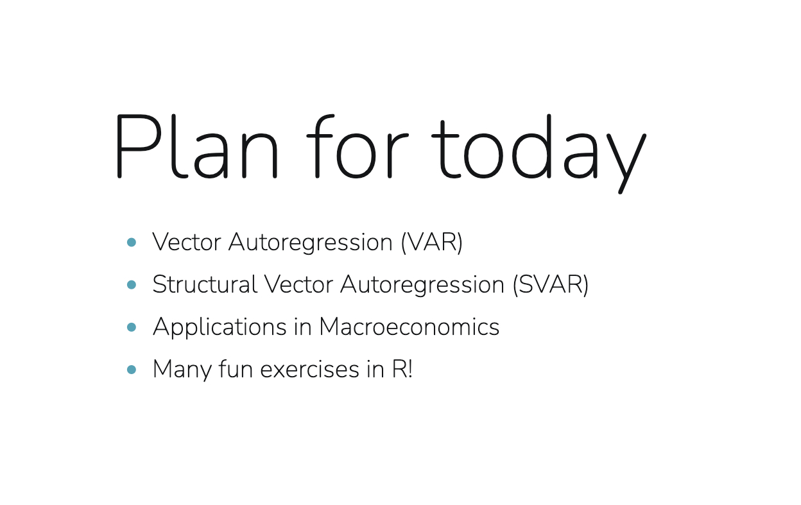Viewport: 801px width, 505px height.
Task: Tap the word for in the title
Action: click(x=357, y=146)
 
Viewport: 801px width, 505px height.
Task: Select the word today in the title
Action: click(x=539, y=153)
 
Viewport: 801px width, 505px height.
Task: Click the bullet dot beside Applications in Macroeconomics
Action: click(x=132, y=327)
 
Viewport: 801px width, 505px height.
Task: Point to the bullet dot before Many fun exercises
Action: click(x=132, y=369)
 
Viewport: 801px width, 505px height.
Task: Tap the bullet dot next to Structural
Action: click(x=132, y=284)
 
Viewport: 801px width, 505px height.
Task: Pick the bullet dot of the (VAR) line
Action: click(x=132, y=243)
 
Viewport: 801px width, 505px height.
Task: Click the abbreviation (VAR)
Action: click(x=432, y=243)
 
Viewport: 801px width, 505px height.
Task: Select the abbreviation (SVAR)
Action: click(x=551, y=285)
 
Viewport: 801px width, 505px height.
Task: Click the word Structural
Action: click(x=205, y=284)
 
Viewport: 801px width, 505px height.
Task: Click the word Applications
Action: click(x=220, y=327)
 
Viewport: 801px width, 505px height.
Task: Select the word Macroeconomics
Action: click(x=409, y=327)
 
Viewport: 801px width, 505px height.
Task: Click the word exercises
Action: click(x=309, y=369)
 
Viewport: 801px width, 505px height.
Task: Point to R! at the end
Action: click(x=402, y=368)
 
